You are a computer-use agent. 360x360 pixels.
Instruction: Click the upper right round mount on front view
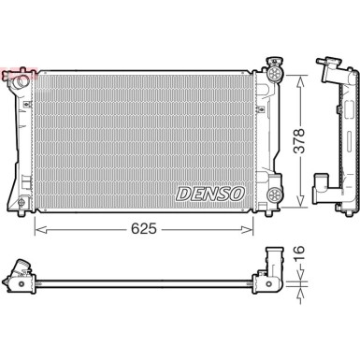(x=275, y=70)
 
